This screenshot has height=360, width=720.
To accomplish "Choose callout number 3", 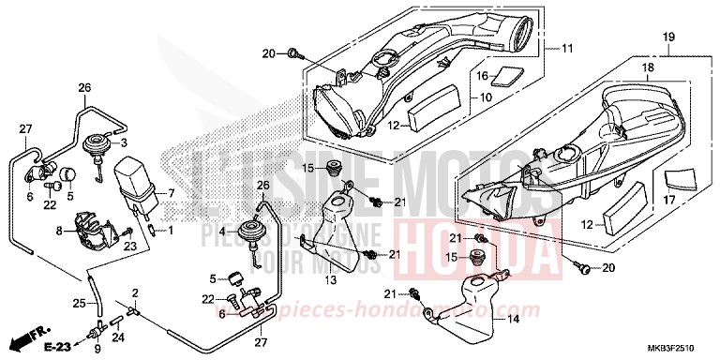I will (124, 142).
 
